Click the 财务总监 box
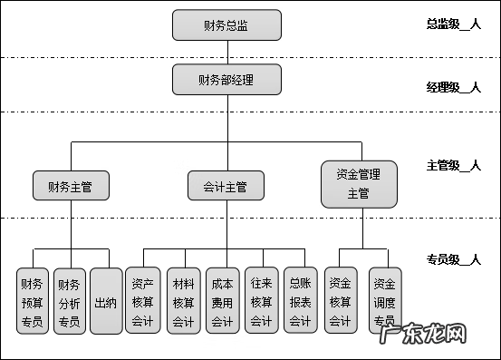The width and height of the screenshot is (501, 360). tap(226, 25)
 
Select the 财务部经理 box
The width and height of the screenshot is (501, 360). tap(226, 80)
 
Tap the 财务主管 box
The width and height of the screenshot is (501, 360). tap(71, 187)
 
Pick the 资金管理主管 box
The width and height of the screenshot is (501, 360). tap(359, 182)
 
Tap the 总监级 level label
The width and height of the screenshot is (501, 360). tap(452, 24)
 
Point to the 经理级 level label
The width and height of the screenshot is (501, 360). tap(452, 87)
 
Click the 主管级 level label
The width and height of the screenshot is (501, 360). tap(452, 166)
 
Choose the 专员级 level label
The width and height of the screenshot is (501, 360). tap(452, 259)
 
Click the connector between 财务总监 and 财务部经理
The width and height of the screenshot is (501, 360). tap(226, 53)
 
